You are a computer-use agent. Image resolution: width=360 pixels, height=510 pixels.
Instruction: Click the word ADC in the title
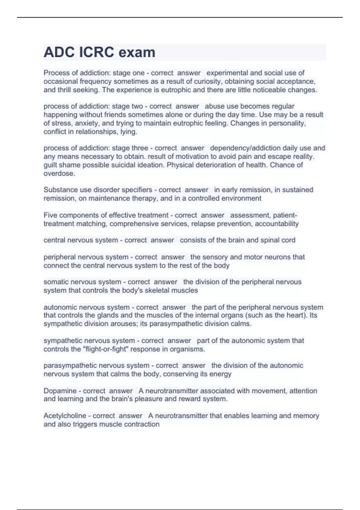[59, 52]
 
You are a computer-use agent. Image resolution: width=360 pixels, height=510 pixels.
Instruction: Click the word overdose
[59, 173]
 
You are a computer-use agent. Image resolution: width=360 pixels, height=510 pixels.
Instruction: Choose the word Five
[50, 215]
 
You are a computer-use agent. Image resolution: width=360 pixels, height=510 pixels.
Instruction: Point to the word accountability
[277, 224]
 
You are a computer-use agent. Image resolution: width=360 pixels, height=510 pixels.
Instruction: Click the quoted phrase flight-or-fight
[101, 349]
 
